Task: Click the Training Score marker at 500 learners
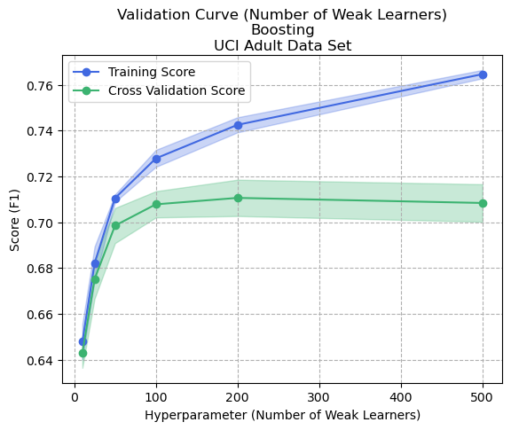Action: coord(483,74)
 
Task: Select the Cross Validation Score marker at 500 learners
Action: coord(483,203)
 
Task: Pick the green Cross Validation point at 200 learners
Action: coord(238,198)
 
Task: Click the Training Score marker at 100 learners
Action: coord(156,159)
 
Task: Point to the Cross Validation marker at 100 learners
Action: coord(156,204)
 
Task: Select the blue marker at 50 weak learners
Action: coord(115,199)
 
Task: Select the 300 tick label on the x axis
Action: coord(319,395)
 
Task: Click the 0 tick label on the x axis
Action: coord(75,395)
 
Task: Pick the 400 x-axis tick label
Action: coord(401,395)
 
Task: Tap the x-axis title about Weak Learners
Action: coord(282,415)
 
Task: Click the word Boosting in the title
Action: coord(282,29)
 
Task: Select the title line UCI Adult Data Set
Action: coord(282,44)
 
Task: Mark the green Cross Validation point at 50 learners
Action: coord(115,225)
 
